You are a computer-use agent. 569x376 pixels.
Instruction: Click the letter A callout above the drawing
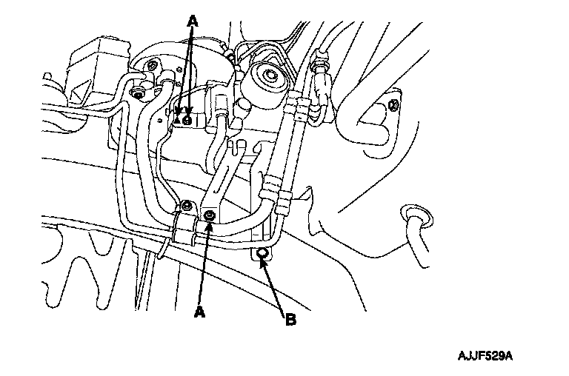pos(193,21)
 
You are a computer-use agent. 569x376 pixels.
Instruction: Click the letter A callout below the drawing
pos(199,312)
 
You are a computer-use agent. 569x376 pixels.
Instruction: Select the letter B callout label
pos(291,320)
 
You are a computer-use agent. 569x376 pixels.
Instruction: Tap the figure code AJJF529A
pos(485,356)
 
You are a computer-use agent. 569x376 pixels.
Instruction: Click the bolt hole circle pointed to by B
pos(262,252)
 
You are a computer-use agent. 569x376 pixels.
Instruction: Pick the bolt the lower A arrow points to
pos(210,215)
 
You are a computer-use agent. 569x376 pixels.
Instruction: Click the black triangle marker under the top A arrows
pos(177,120)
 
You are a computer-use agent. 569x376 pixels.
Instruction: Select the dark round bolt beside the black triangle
pos(187,121)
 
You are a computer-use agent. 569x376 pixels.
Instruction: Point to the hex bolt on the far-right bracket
pos(394,106)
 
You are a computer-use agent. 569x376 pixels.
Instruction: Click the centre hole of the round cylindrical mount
pos(270,75)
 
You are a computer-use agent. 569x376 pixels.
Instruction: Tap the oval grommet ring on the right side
pos(416,216)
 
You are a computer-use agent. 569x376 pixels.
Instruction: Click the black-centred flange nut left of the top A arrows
pos(138,94)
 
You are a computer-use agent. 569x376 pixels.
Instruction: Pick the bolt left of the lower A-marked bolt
pos(187,206)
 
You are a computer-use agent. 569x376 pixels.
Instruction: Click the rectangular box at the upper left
pos(98,71)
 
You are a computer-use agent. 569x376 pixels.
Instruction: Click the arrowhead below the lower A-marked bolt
pos(209,226)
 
